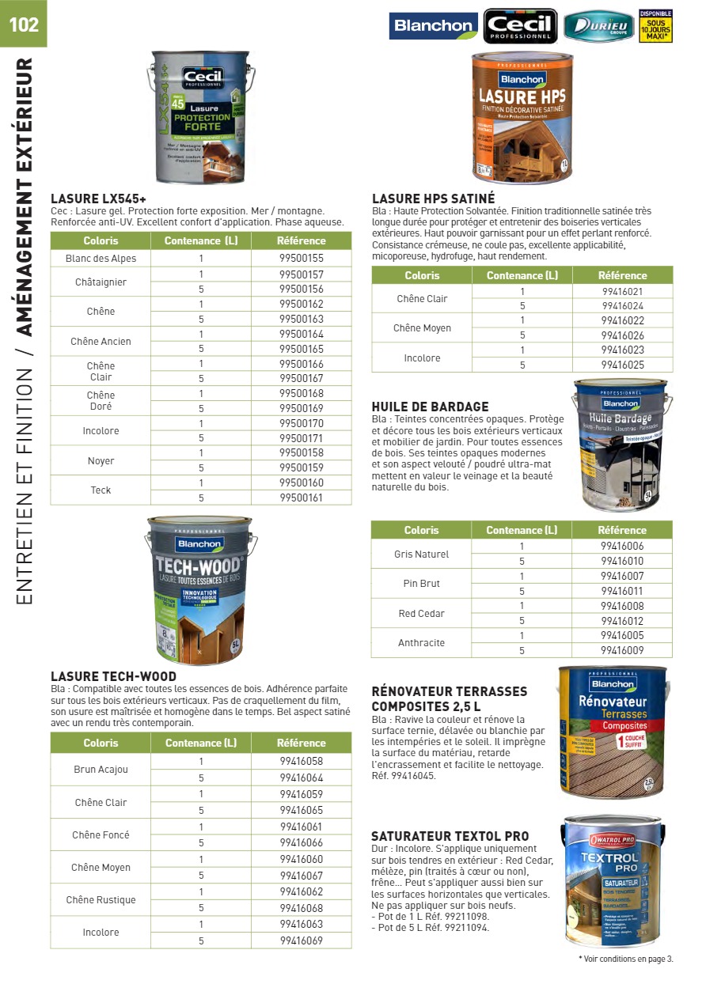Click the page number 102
coord(24,24)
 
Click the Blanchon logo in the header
coord(433,26)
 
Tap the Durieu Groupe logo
coord(598,27)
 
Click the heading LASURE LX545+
coord(98,199)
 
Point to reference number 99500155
coord(302,259)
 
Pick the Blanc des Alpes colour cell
coord(101,259)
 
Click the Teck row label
coord(101,490)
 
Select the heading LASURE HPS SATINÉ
coord(433,199)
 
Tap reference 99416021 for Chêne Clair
coord(622,291)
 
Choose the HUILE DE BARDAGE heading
coord(430,407)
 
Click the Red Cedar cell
coord(421,614)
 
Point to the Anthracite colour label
coord(421,643)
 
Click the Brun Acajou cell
coord(101,770)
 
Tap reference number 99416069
coord(302,940)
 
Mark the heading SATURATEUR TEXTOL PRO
coord(450,836)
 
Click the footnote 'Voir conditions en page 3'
coord(627,959)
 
